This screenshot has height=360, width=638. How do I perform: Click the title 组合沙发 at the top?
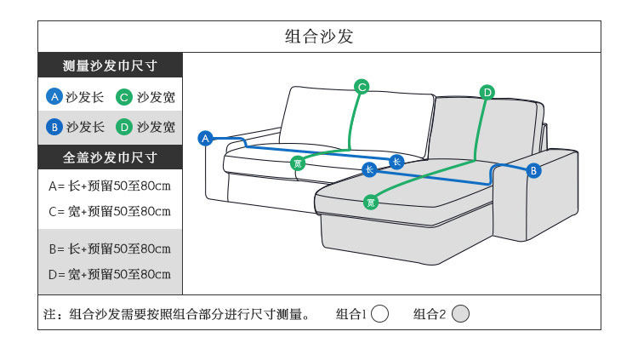(x=318, y=37)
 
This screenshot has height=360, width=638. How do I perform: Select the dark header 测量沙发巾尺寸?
(x=111, y=66)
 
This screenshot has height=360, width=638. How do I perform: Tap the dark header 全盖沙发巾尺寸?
(x=111, y=157)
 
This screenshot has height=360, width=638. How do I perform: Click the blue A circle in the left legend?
(x=54, y=97)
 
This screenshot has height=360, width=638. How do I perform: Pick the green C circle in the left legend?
(x=124, y=97)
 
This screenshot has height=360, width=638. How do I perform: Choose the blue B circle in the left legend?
(x=54, y=127)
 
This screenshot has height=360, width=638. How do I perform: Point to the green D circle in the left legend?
(x=124, y=127)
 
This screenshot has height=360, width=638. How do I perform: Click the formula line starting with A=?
(x=111, y=185)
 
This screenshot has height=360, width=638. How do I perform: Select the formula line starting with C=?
(x=111, y=210)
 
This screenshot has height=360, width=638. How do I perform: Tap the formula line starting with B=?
(x=111, y=249)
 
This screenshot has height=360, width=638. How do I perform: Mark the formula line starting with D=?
(x=111, y=274)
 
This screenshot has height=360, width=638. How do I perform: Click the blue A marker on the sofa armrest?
(x=205, y=137)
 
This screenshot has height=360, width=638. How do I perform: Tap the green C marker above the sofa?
(x=362, y=86)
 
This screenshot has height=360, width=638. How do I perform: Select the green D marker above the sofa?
(x=487, y=92)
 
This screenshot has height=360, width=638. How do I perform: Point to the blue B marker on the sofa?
(x=534, y=170)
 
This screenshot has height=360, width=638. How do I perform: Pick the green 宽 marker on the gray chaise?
(x=370, y=202)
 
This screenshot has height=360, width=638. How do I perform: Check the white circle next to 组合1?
(x=380, y=314)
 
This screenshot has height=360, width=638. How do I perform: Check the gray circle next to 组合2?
(x=460, y=314)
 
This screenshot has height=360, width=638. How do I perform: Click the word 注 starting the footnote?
(x=50, y=315)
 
